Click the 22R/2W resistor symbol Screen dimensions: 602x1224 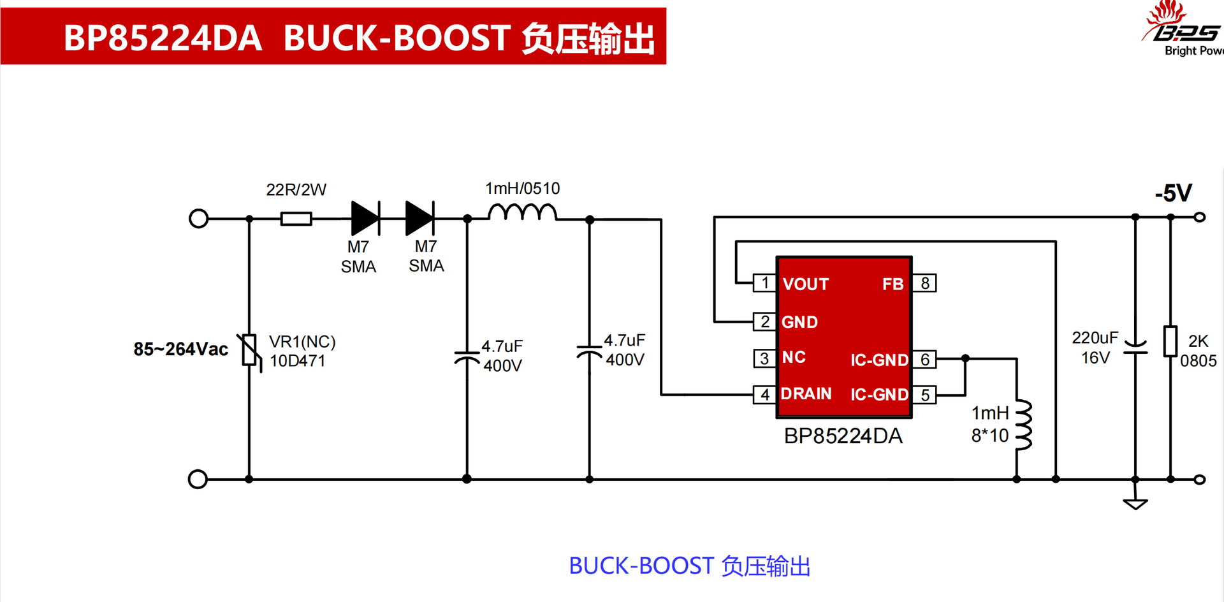296,219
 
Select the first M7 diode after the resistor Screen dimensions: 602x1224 365,218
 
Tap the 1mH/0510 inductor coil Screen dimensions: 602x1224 522,212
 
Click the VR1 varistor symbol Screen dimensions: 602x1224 249,350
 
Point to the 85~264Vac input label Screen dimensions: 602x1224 180,349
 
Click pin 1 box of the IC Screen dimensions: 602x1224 764,283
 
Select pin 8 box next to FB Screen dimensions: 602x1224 924,283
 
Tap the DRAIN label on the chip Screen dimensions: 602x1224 806,393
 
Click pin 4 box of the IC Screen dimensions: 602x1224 764,395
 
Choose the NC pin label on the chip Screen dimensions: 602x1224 794,357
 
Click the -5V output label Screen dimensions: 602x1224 1173,193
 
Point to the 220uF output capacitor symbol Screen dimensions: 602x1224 1135,346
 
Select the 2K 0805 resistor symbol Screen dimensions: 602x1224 1170,341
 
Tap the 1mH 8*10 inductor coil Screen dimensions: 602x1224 1023,425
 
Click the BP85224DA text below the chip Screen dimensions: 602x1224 843,436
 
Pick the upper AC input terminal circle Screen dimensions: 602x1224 199,219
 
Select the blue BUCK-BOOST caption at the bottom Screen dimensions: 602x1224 689,566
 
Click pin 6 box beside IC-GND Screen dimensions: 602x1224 924,359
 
